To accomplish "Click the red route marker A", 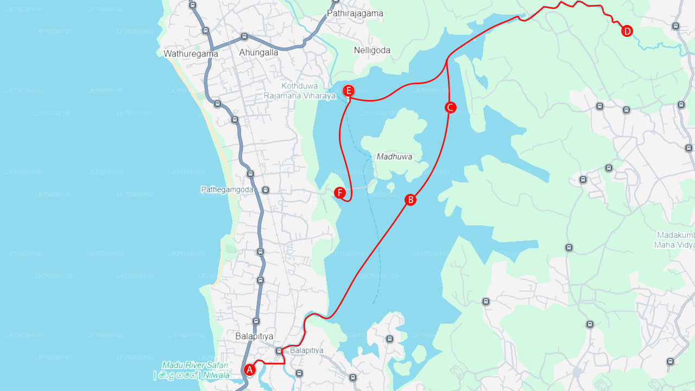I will (x=249, y=370).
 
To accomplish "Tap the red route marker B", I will (x=410, y=200).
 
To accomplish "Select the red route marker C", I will (x=450, y=108).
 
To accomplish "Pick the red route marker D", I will (x=627, y=31).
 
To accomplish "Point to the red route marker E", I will (x=349, y=91).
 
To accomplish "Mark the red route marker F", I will (x=340, y=193).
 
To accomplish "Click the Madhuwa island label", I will (x=394, y=157).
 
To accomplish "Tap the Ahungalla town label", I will (x=258, y=53).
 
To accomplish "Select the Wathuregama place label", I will (x=191, y=54).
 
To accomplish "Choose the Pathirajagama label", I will (x=355, y=14).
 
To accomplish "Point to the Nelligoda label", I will (x=372, y=51).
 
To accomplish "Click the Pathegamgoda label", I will (x=227, y=190).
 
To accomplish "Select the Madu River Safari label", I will (x=194, y=370).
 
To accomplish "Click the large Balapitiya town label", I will (x=254, y=336).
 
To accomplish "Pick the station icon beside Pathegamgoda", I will (x=266, y=190).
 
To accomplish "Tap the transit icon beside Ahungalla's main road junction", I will (x=244, y=37).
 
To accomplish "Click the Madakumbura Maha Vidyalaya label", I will (x=675, y=240).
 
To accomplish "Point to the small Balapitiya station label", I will (x=306, y=351).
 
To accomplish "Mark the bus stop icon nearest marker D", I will (x=675, y=26).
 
